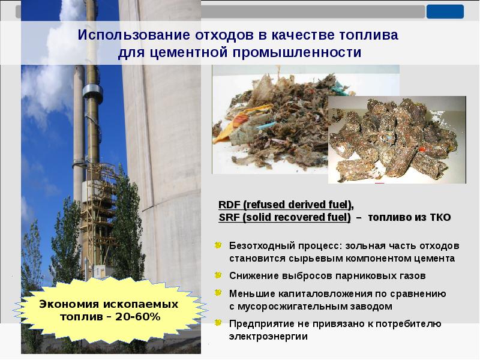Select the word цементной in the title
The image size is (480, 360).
[x=181, y=53]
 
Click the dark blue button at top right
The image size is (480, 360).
[x=445, y=11]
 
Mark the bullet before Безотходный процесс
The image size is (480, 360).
[x=218, y=246]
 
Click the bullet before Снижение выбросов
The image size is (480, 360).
[x=218, y=276]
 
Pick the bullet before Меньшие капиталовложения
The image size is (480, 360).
[x=218, y=293]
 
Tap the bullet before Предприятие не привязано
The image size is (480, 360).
[x=218, y=324]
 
